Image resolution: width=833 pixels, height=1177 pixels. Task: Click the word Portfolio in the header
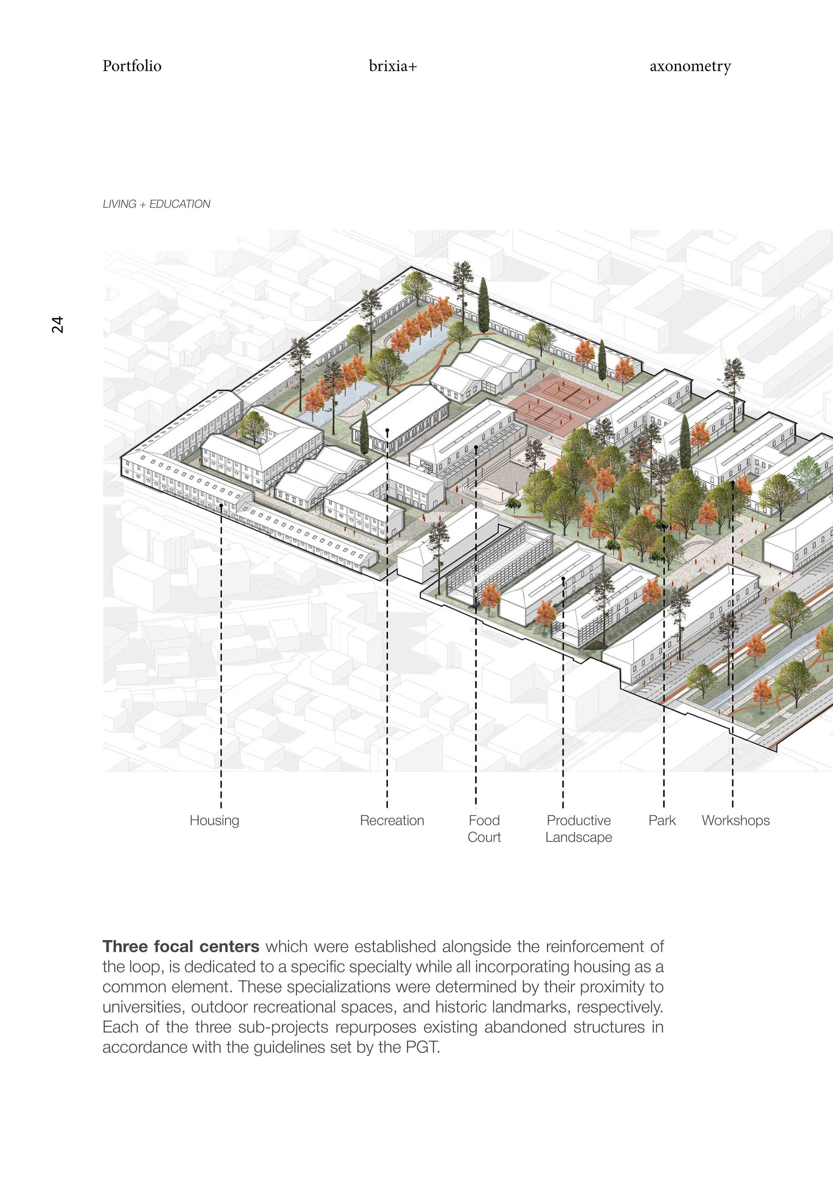(132, 66)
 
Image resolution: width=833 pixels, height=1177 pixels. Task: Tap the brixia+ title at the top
(393, 66)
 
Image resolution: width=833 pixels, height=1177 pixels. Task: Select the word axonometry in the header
(690, 66)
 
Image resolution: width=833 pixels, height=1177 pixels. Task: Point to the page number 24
(57, 324)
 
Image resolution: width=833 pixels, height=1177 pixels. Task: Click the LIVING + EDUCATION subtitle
(157, 204)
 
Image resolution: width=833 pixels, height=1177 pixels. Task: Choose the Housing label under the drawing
(215, 820)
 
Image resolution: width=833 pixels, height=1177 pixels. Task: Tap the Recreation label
(392, 820)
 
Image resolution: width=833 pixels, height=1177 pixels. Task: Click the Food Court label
(484, 828)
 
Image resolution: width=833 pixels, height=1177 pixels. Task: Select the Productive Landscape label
(579, 828)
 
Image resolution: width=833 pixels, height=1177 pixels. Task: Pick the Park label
(662, 820)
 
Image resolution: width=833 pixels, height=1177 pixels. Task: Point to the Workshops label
(735, 820)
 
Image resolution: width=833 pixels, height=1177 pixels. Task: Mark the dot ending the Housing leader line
(221, 505)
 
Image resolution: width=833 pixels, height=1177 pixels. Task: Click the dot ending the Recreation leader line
(387, 430)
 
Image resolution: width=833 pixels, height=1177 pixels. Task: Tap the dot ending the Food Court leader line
(476, 447)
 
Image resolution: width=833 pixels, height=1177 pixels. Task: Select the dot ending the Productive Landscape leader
(563, 579)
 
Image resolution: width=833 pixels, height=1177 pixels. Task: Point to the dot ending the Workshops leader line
(732, 482)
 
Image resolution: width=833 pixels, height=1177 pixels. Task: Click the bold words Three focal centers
(181, 946)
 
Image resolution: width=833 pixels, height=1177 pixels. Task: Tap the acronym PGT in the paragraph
(422, 1047)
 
